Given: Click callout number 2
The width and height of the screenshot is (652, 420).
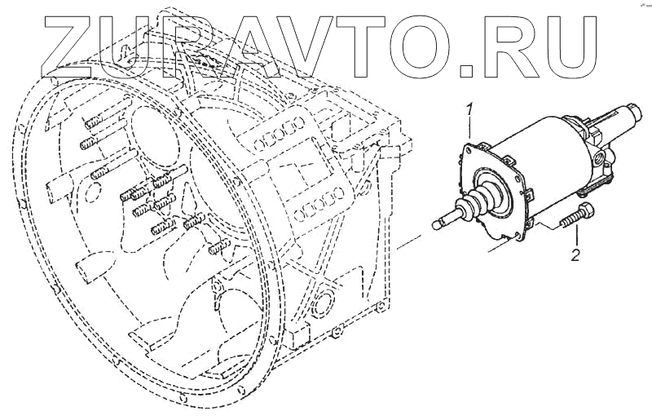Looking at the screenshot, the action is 575,255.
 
